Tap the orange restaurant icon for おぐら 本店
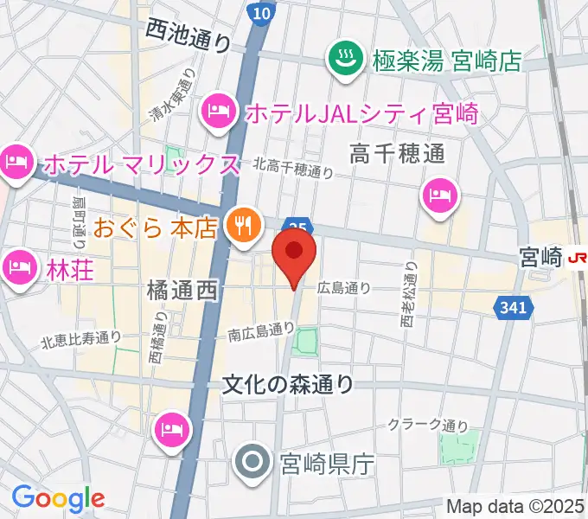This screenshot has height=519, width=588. point(240,227)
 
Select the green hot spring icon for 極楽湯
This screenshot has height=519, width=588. point(347,60)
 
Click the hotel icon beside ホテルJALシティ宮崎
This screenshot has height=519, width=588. point(216,110)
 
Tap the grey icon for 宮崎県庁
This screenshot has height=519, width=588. point(252,464)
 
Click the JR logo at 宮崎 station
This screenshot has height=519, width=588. point(577,257)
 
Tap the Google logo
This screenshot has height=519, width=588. point(58,497)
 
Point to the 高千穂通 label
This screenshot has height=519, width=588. point(397,154)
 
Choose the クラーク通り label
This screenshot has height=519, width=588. point(428,425)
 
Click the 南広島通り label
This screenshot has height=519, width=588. point(261,330)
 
